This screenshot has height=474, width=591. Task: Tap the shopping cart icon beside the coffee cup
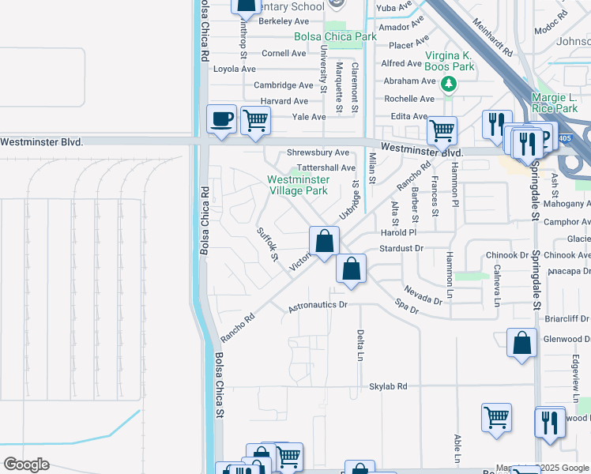point(255,121)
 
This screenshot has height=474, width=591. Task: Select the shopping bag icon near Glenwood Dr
point(521,344)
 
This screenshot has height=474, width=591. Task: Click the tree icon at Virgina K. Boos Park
point(449,84)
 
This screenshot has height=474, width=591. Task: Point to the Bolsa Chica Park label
point(335,36)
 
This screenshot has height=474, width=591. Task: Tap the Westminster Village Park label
point(297,185)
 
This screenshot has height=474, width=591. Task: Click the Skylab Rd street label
point(388,386)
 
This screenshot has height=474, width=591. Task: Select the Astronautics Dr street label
point(317,304)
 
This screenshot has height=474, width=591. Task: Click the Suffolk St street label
point(268,245)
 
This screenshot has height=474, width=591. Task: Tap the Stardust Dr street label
point(401,248)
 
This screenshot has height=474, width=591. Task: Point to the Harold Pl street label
point(397,233)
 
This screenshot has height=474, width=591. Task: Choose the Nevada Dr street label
point(423,295)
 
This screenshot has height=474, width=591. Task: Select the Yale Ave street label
point(309,117)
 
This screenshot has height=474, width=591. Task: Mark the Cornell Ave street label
point(284,54)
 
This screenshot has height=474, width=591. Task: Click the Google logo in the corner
point(26,465)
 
